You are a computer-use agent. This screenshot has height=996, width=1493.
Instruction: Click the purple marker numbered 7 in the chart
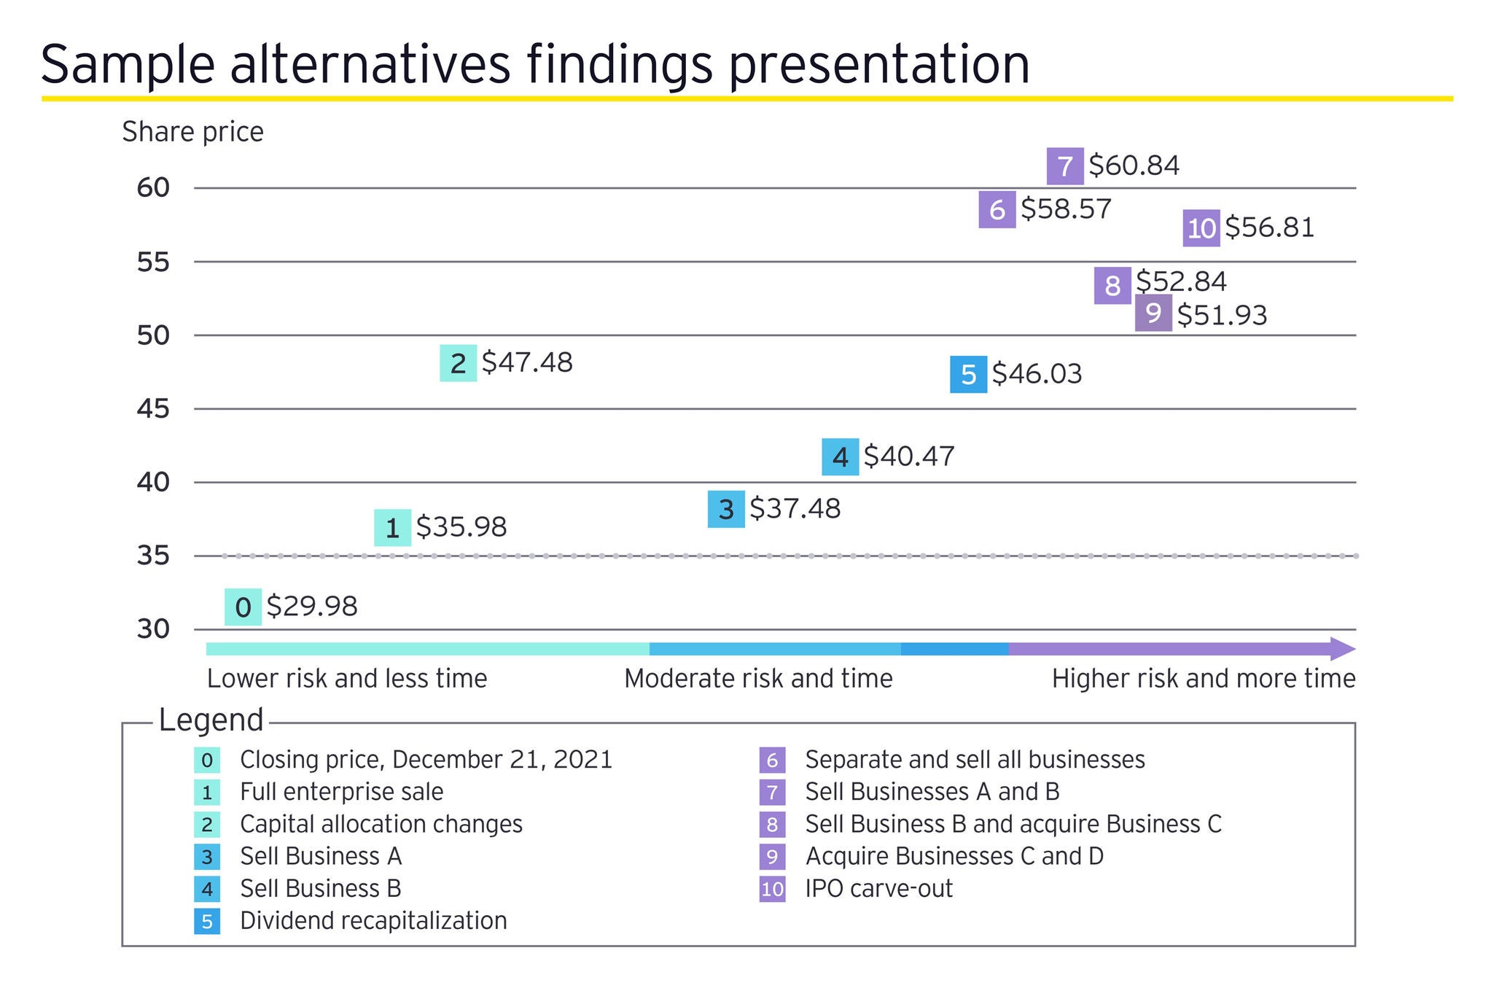[x=1065, y=166]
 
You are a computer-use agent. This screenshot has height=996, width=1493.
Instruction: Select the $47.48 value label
[x=527, y=362]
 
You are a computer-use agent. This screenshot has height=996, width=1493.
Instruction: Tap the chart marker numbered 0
[x=243, y=607]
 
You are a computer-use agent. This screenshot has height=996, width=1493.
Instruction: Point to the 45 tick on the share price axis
[x=153, y=409]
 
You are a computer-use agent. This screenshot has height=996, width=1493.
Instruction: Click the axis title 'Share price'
[x=192, y=132]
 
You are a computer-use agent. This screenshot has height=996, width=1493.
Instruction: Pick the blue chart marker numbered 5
[x=968, y=374]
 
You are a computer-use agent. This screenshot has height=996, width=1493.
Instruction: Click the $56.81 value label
[x=1269, y=227]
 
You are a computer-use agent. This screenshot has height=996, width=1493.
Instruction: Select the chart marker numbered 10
[x=1201, y=228]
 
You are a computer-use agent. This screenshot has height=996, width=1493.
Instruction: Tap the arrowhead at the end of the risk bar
[x=1342, y=649]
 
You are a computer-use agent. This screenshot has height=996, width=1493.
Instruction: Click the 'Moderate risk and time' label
[x=758, y=679]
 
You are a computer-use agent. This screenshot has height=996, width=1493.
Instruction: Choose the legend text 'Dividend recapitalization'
[x=373, y=921]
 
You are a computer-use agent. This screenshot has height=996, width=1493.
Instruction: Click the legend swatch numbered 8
[x=772, y=825]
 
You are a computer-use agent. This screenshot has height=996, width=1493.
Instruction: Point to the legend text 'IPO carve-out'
[x=878, y=889]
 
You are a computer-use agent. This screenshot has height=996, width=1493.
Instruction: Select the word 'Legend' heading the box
[x=211, y=720]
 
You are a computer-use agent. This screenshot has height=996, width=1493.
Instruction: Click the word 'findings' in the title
[x=619, y=64]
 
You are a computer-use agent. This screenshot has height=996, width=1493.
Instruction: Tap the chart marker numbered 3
[x=726, y=509]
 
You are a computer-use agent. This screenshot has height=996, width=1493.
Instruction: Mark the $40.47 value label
[x=908, y=456]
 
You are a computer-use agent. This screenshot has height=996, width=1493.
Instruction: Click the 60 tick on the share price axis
[x=153, y=188]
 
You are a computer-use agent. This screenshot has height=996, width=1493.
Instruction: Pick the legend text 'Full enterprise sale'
[x=341, y=792]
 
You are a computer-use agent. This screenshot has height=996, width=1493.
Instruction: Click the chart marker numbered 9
[x=1153, y=314]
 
